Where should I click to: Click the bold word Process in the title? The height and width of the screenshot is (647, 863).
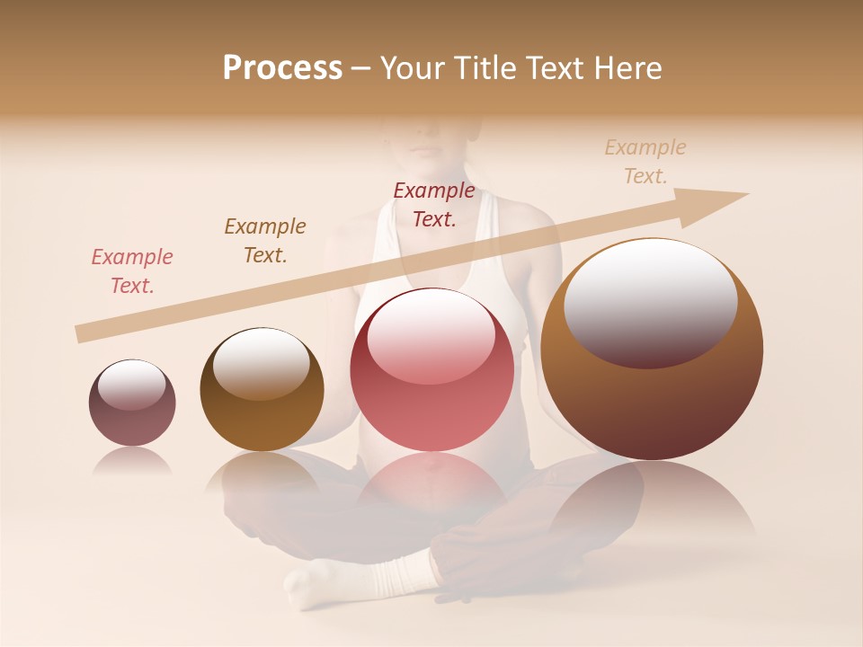[282, 68]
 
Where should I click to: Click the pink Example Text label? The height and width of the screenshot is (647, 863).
[132, 271]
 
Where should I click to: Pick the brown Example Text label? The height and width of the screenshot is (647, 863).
[265, 241]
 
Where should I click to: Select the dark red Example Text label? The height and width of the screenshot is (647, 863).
[434, 204]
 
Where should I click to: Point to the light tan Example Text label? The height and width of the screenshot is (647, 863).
[645, 162]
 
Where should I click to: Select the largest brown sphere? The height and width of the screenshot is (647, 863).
[652, 395]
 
